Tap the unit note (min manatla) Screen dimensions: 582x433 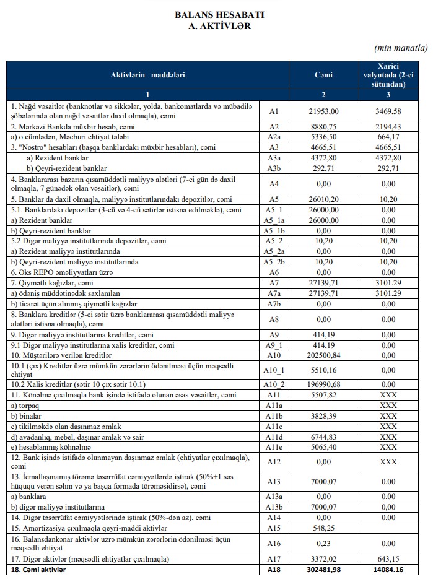401,47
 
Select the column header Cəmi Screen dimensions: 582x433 323,75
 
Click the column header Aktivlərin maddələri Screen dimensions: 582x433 147,75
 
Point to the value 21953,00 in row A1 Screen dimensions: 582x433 323,111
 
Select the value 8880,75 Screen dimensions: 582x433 323,126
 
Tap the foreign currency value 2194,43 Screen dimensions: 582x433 388,126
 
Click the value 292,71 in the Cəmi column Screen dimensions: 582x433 323,168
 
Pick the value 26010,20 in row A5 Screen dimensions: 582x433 323,199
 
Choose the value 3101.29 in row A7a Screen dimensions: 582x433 388,293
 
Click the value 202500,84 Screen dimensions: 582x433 323,355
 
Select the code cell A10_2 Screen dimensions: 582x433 275,384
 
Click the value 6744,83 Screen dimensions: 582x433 323,436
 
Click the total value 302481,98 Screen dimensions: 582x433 323,569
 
